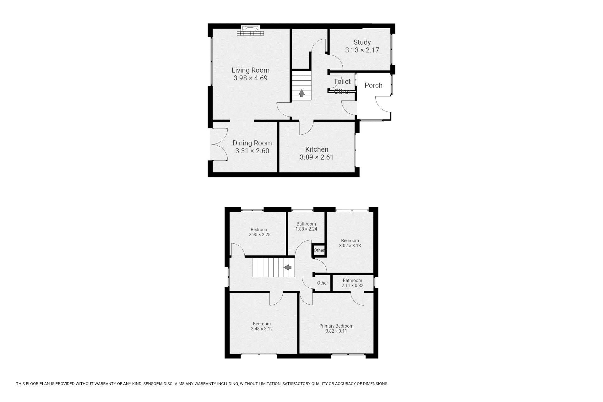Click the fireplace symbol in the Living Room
[x=250, y=30]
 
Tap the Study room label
[x=362, y=42]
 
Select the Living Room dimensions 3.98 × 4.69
[x=250, y=78]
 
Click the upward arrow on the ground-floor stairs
[x=301, y=93]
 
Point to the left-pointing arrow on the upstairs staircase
[x=288, y=267]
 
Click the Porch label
[x=373, y=85]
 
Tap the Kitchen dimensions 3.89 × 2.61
[x=317, y=157]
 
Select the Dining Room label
[x=252, y=143]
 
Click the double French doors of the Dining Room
[x=220, y=144]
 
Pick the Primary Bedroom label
[x=336, y=326]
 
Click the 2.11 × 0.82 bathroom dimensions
[x=352, y=285]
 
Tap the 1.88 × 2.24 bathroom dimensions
[x=306, y=229]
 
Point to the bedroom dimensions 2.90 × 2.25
[x=259, y=235]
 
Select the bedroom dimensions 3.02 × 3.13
[x=350, y=246]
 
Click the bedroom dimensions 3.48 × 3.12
[x=262, y=329]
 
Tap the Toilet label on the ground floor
[x=342, y=81]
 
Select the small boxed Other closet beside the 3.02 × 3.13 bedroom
[x=319, y=250]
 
